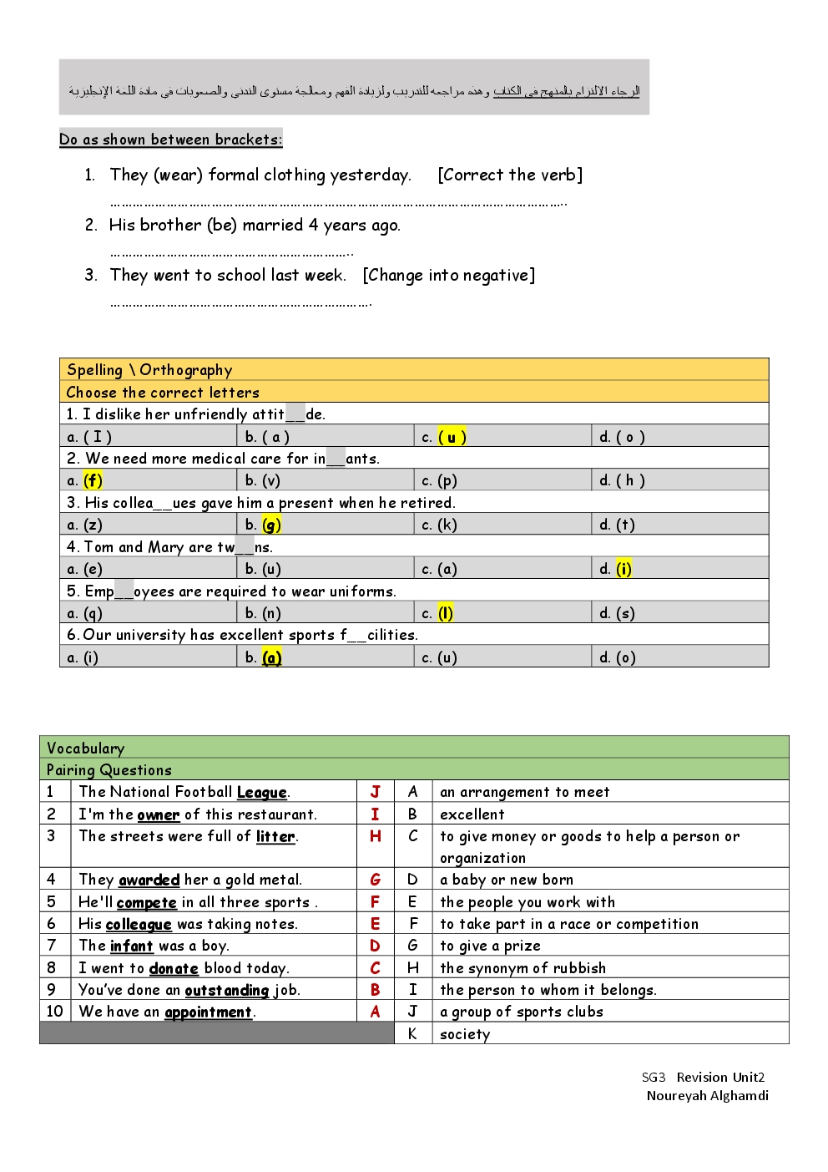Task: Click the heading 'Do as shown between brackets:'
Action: (x=170, y=140)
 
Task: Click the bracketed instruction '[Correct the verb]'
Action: (x=510, y=175)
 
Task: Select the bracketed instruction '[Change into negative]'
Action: (x=449, y=275)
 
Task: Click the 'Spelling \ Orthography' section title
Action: (x=149, y=370)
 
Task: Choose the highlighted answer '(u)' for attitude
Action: (x=452, y=436)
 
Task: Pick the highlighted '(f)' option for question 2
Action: (x=93, y=480)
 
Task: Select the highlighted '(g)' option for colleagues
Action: (x=271, y=525)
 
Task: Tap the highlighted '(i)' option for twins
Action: (x=624, y=569)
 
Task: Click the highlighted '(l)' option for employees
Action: (x=446, y=613)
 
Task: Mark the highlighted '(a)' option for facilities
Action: (x=271, y=657)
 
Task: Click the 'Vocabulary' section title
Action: (x=85, y=748)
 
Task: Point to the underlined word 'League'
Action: (x=261, y=792)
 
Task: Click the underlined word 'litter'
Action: (x=275, y=836)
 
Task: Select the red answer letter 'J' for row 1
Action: (x=375, y=792)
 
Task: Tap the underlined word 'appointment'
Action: (x=208, y=1012)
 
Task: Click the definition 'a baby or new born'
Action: (x=507, y=880)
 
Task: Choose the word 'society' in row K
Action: (x=465, y=1034)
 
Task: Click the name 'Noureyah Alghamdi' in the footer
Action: (x=707, y=1095)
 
